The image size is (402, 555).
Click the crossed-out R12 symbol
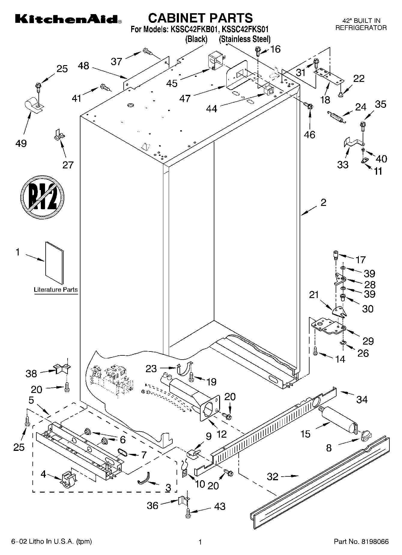pos(43,197)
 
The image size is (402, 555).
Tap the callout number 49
pos(21,143)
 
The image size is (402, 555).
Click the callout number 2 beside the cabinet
pos(323,203)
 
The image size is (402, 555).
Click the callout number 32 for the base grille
pos(273,476)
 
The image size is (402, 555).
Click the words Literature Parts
pos(56,290)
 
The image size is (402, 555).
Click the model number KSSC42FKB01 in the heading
pos(201,30)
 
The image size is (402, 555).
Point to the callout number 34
pos(362,400)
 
